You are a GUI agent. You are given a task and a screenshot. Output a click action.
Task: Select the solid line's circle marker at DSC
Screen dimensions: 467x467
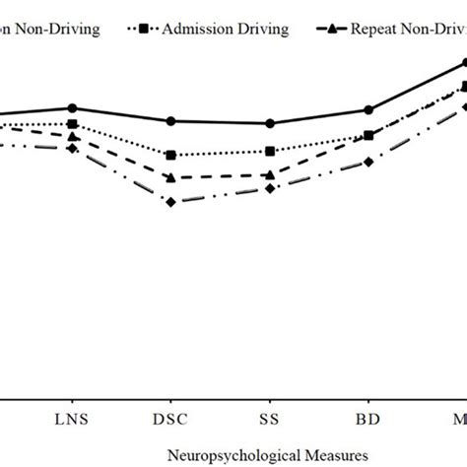pos(170,121)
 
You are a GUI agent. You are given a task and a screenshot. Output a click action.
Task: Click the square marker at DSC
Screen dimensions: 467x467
pos(170,155)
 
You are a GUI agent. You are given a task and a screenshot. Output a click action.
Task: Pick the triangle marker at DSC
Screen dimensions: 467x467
pos(170,177)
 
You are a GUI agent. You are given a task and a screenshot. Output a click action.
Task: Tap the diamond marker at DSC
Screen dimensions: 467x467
pos(170,202)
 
